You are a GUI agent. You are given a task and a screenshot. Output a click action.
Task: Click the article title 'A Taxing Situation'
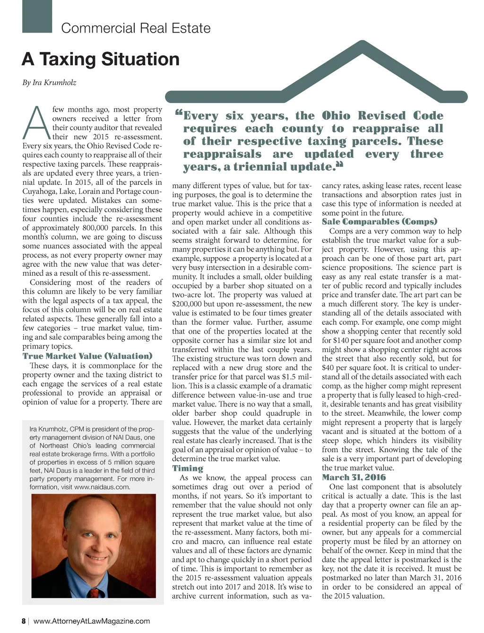[x=101, y=60]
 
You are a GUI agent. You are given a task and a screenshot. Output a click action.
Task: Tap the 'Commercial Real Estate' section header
[x=136, y=28]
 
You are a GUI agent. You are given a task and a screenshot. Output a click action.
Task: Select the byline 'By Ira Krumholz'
[x=49, y=83]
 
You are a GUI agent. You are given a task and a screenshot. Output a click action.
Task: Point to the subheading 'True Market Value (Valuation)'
[x=87, y=356]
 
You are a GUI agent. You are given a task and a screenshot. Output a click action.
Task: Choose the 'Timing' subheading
[x=188, y=468]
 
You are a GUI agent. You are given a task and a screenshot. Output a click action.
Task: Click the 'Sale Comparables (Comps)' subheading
[x=380, y=222]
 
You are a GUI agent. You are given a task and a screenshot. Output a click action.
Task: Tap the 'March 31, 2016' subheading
[x=354, y=477]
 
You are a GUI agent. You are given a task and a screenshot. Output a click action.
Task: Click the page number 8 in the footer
[x=24, y=621]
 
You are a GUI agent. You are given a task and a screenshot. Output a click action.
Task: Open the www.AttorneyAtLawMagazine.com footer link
[x=92, y=621]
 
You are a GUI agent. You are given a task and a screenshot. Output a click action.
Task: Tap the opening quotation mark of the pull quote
[x=178, y=113]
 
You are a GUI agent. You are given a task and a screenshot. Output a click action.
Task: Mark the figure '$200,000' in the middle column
[x=188, y=304]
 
